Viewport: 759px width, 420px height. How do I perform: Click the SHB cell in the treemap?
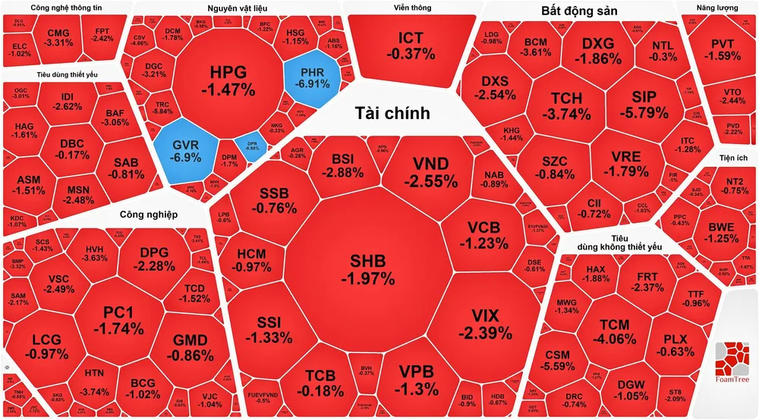click(367, 269)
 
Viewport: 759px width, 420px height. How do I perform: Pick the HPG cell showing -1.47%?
click(228, 80)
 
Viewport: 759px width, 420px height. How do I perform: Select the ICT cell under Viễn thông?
click(410, 45)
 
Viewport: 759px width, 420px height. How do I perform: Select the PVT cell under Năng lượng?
click(720, 49)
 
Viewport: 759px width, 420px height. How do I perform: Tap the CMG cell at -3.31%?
click(58, 37)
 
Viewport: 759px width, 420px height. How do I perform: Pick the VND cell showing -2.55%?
click(430, 173)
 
